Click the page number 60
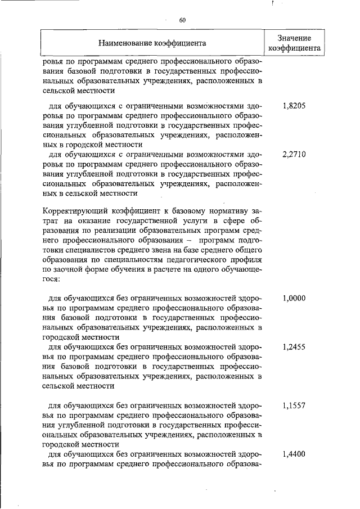click(x=182, y=21)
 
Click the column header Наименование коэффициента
click(x=152, y=43)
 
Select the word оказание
click(x=83, y=222)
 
